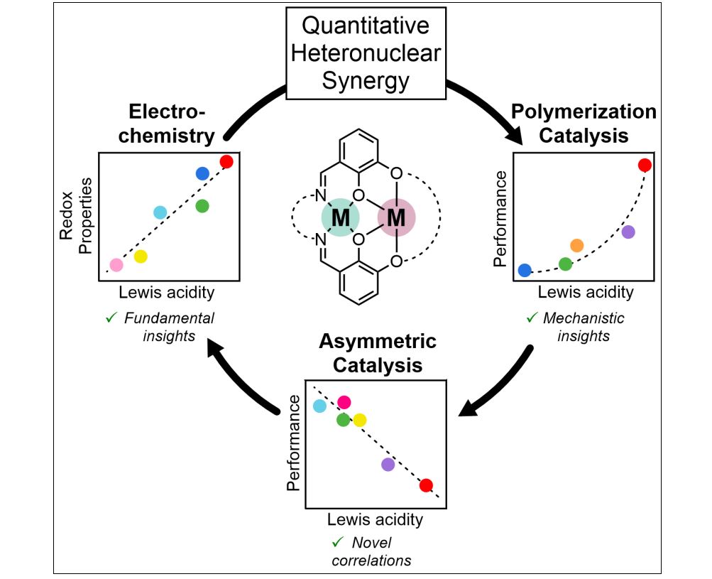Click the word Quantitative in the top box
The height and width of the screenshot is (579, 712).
[x=366, y=26]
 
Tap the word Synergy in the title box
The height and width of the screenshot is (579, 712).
[x=366, y=80]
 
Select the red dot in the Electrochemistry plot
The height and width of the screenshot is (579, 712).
[x=226, y=162]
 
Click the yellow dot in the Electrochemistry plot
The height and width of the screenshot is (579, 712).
[x=141, y=256]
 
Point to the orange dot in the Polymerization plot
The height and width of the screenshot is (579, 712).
[x=576, y=245]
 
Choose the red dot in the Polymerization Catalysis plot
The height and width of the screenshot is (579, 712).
[x=645, y=166]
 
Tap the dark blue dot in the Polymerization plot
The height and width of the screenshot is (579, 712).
[x=525, y=270]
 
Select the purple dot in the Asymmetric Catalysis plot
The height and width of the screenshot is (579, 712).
[x=388, y=465]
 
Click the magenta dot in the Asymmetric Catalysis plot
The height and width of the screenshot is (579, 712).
[x=344, y=403]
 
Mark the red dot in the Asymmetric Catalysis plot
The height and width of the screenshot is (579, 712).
[x=426, y=485]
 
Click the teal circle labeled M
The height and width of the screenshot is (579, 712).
[x=340, y=217]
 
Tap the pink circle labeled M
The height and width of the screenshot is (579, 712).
[x=396, y=217]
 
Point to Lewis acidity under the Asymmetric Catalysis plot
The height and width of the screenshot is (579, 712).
[x=375, y=519]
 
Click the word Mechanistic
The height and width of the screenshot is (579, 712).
[x=584, y=318]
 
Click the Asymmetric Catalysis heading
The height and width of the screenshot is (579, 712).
[x=377, y=354]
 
